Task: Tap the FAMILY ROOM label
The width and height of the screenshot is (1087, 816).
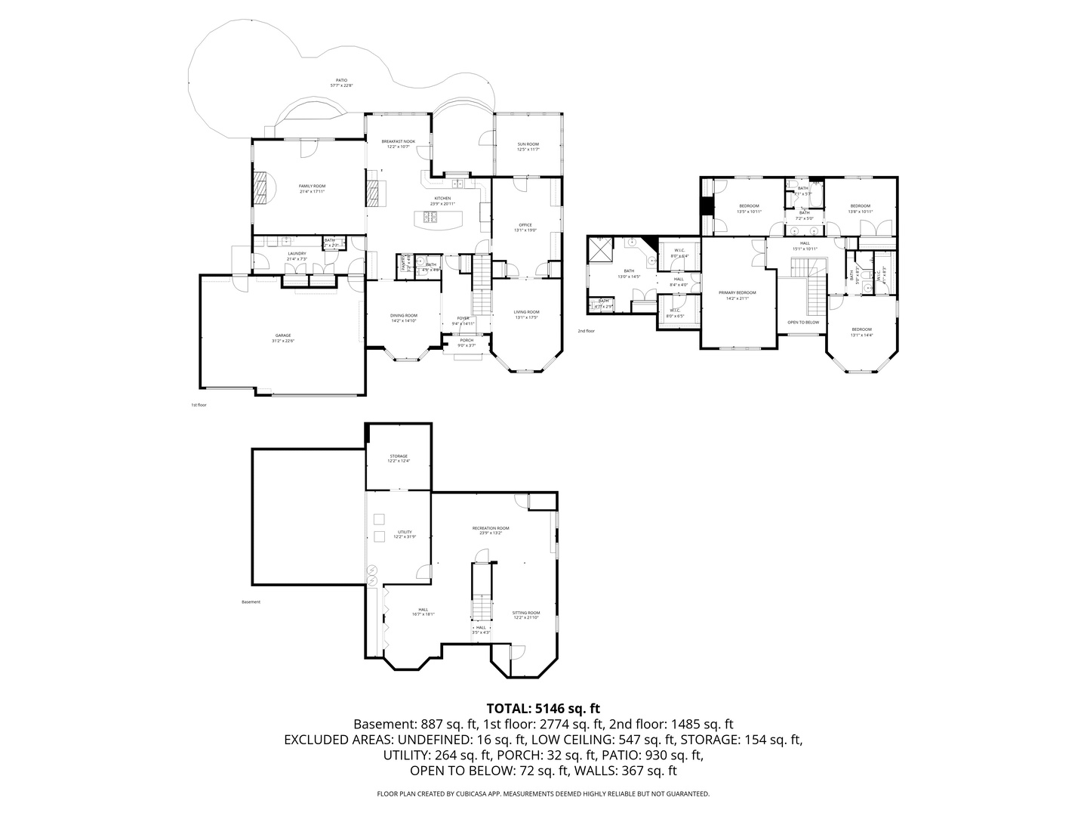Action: click(312, 186)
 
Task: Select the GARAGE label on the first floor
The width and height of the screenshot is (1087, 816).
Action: click(283, 335)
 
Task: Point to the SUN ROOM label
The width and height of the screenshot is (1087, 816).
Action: click(528, 144)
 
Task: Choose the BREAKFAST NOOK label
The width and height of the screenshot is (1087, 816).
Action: click(398, 141)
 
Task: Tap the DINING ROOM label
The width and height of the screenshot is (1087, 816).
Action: click(404, 316)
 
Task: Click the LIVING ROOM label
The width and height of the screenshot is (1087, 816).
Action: click(527, 312)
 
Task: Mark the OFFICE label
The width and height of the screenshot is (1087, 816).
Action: click(525, 225)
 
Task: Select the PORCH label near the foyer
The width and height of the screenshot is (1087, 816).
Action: click(467, 341)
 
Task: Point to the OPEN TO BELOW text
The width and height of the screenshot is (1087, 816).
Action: click(803, 323)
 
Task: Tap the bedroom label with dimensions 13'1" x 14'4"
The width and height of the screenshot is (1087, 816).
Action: click(861, 329)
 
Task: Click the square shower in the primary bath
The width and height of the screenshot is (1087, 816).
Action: click(601, 250)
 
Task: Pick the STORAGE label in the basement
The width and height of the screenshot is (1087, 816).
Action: click(399, 456)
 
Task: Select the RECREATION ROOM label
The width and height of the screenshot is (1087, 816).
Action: click(491, 529)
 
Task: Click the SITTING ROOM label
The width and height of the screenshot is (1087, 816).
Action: click(526, 614)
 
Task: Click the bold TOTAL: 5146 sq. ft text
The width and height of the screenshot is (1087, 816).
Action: click(543, 709)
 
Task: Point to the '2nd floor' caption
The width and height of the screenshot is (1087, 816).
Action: click(586, 331)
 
